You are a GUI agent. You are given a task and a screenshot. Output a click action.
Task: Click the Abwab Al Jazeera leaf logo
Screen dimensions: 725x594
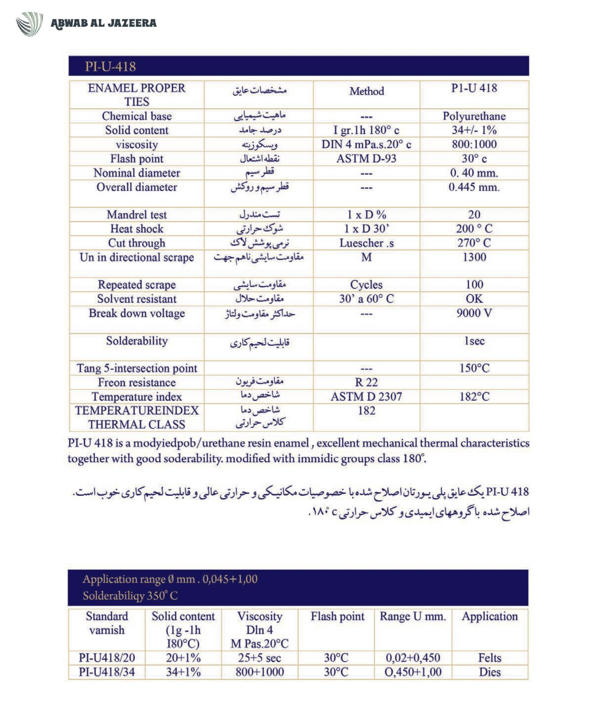30,24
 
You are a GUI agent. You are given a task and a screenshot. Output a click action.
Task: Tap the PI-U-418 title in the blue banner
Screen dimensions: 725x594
110,67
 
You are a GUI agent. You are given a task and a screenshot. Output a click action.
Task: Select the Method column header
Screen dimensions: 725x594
366,91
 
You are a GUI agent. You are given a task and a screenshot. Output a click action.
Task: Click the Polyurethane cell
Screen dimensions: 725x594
474,116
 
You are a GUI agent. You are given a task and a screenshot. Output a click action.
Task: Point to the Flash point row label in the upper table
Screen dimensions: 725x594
137,159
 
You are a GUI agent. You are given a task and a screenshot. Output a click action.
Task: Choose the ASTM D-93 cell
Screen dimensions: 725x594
366,158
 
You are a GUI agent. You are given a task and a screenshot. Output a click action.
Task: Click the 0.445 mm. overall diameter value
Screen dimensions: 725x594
474,187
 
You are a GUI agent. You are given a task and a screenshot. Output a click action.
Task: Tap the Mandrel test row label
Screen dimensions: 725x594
137,215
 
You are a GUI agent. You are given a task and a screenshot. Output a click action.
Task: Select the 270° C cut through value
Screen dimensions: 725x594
474,243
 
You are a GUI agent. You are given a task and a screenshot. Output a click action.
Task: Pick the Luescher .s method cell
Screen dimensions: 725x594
366,243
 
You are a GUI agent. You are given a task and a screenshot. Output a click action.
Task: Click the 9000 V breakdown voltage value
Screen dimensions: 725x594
474,313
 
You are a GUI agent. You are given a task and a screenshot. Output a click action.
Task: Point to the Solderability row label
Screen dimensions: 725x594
137,341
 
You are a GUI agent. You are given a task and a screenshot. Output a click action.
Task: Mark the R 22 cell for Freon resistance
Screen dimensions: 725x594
366,382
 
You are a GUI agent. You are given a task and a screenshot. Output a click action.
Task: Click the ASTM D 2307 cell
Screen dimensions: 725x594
366,397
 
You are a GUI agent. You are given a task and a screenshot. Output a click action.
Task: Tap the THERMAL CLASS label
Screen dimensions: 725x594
137,424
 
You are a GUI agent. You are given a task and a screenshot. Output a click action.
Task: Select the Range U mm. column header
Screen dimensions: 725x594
413,617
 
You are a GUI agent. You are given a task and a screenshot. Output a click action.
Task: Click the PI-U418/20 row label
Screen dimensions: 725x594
107,658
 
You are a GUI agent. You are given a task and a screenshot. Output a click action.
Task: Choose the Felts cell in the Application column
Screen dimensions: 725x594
490,658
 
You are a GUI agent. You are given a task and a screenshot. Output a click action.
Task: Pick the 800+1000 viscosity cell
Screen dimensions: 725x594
260,672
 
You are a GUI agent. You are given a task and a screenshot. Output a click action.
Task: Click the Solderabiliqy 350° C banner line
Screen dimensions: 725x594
130,596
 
